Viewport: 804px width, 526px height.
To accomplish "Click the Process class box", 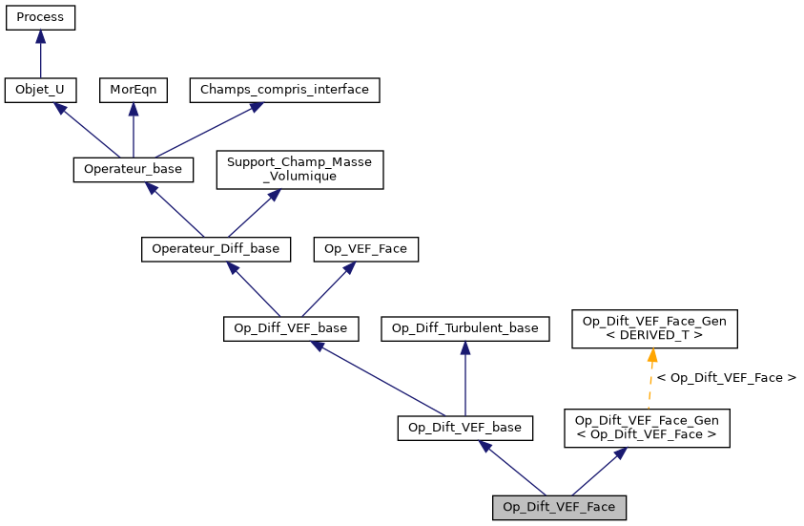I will click(x=40, y=17).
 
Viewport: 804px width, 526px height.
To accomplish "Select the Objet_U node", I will click(x=40, y=91).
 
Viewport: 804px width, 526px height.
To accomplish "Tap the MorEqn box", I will click(x=133, y=91).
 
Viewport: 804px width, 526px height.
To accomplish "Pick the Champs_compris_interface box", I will click(x=285, y=91).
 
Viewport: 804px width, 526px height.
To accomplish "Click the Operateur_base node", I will click(x=133, y=169).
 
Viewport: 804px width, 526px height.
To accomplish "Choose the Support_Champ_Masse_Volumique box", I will click(x=299, y=169).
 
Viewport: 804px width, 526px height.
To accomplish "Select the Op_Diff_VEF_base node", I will click(x=291, y=328).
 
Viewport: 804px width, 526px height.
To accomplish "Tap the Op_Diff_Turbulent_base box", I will click(x=464, y=328).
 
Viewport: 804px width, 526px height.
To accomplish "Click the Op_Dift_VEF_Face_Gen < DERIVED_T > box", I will click(x=654, y=328).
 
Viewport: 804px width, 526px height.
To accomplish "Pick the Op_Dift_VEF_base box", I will click(x=464, y=428).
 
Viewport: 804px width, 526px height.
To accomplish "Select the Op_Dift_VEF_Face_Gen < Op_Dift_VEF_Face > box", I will click(x=647, y=428).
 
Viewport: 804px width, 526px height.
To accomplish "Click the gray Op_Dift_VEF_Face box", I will click(x=559, y=507).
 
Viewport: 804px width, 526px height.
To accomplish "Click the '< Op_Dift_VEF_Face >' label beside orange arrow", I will click(x=726, y=378).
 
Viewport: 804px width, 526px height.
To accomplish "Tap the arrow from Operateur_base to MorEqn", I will click(x=133, y=130).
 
